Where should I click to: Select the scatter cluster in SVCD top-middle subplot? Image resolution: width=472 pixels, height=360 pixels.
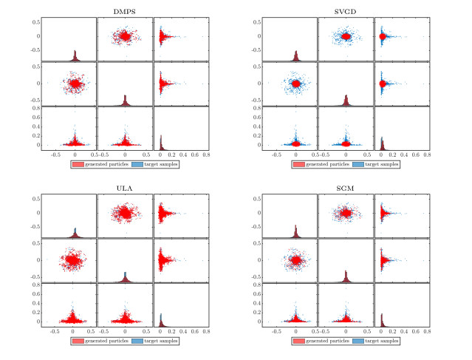pos(346,35)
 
